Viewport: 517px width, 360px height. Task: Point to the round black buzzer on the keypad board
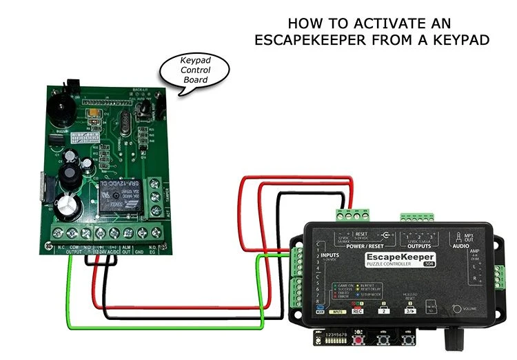[x=63, y=108]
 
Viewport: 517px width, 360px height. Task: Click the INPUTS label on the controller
[x=332, y=255]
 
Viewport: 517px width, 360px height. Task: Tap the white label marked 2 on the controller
[x=382, y=311]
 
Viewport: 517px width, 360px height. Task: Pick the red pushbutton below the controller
[x=358, y=340]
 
